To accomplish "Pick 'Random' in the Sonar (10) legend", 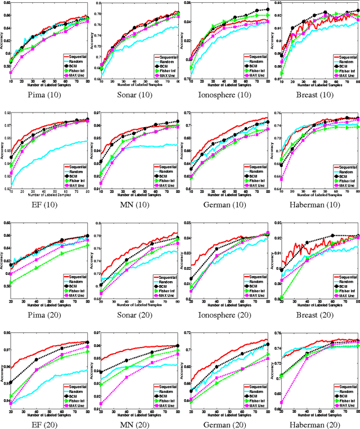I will coord(166,63).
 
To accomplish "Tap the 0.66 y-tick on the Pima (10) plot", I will coord(6,15).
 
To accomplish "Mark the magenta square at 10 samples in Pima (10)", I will coord(11,73).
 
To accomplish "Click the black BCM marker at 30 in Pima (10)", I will coord(33,37).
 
